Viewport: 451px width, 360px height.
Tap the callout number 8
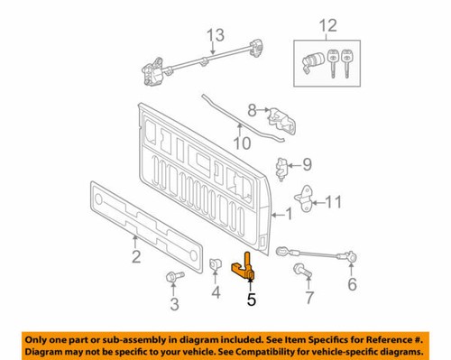(x=252, y=109)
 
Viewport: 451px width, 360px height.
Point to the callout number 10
(x=241, y=143)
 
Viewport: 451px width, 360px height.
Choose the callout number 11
(x=333, y=201)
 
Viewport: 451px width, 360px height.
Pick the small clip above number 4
(x=216, y=263)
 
